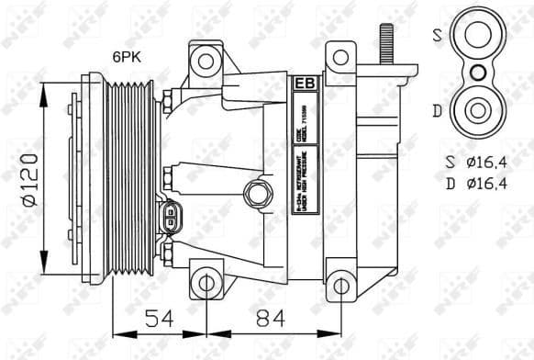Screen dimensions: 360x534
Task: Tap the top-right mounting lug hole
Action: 341,58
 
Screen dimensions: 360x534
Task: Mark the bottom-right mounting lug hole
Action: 341,285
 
